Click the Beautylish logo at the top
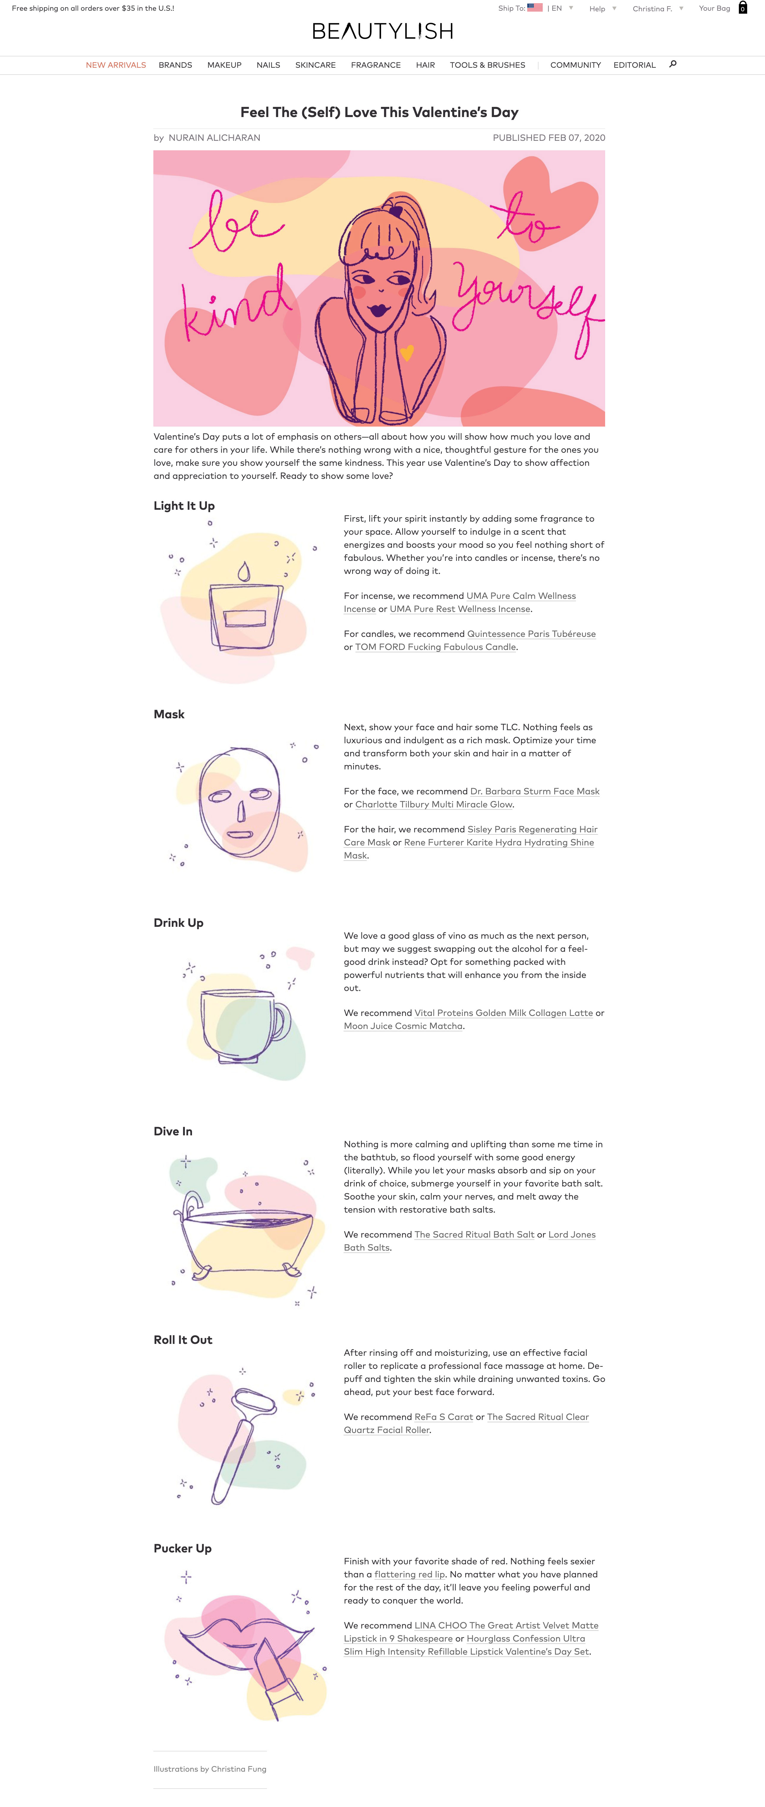382,31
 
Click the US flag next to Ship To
535,8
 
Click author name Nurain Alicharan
214,138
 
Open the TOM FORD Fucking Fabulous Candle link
435,647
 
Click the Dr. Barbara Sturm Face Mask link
535,791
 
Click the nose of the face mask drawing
241,810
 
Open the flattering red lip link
410,1574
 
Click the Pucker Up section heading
182,1548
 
